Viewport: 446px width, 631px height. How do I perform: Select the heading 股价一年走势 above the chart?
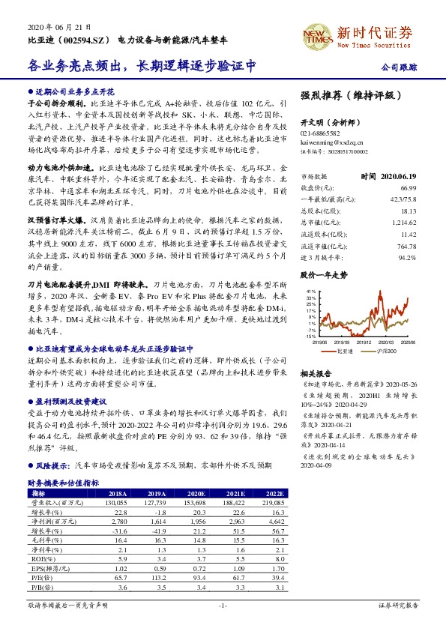click(x=324, y=255)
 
